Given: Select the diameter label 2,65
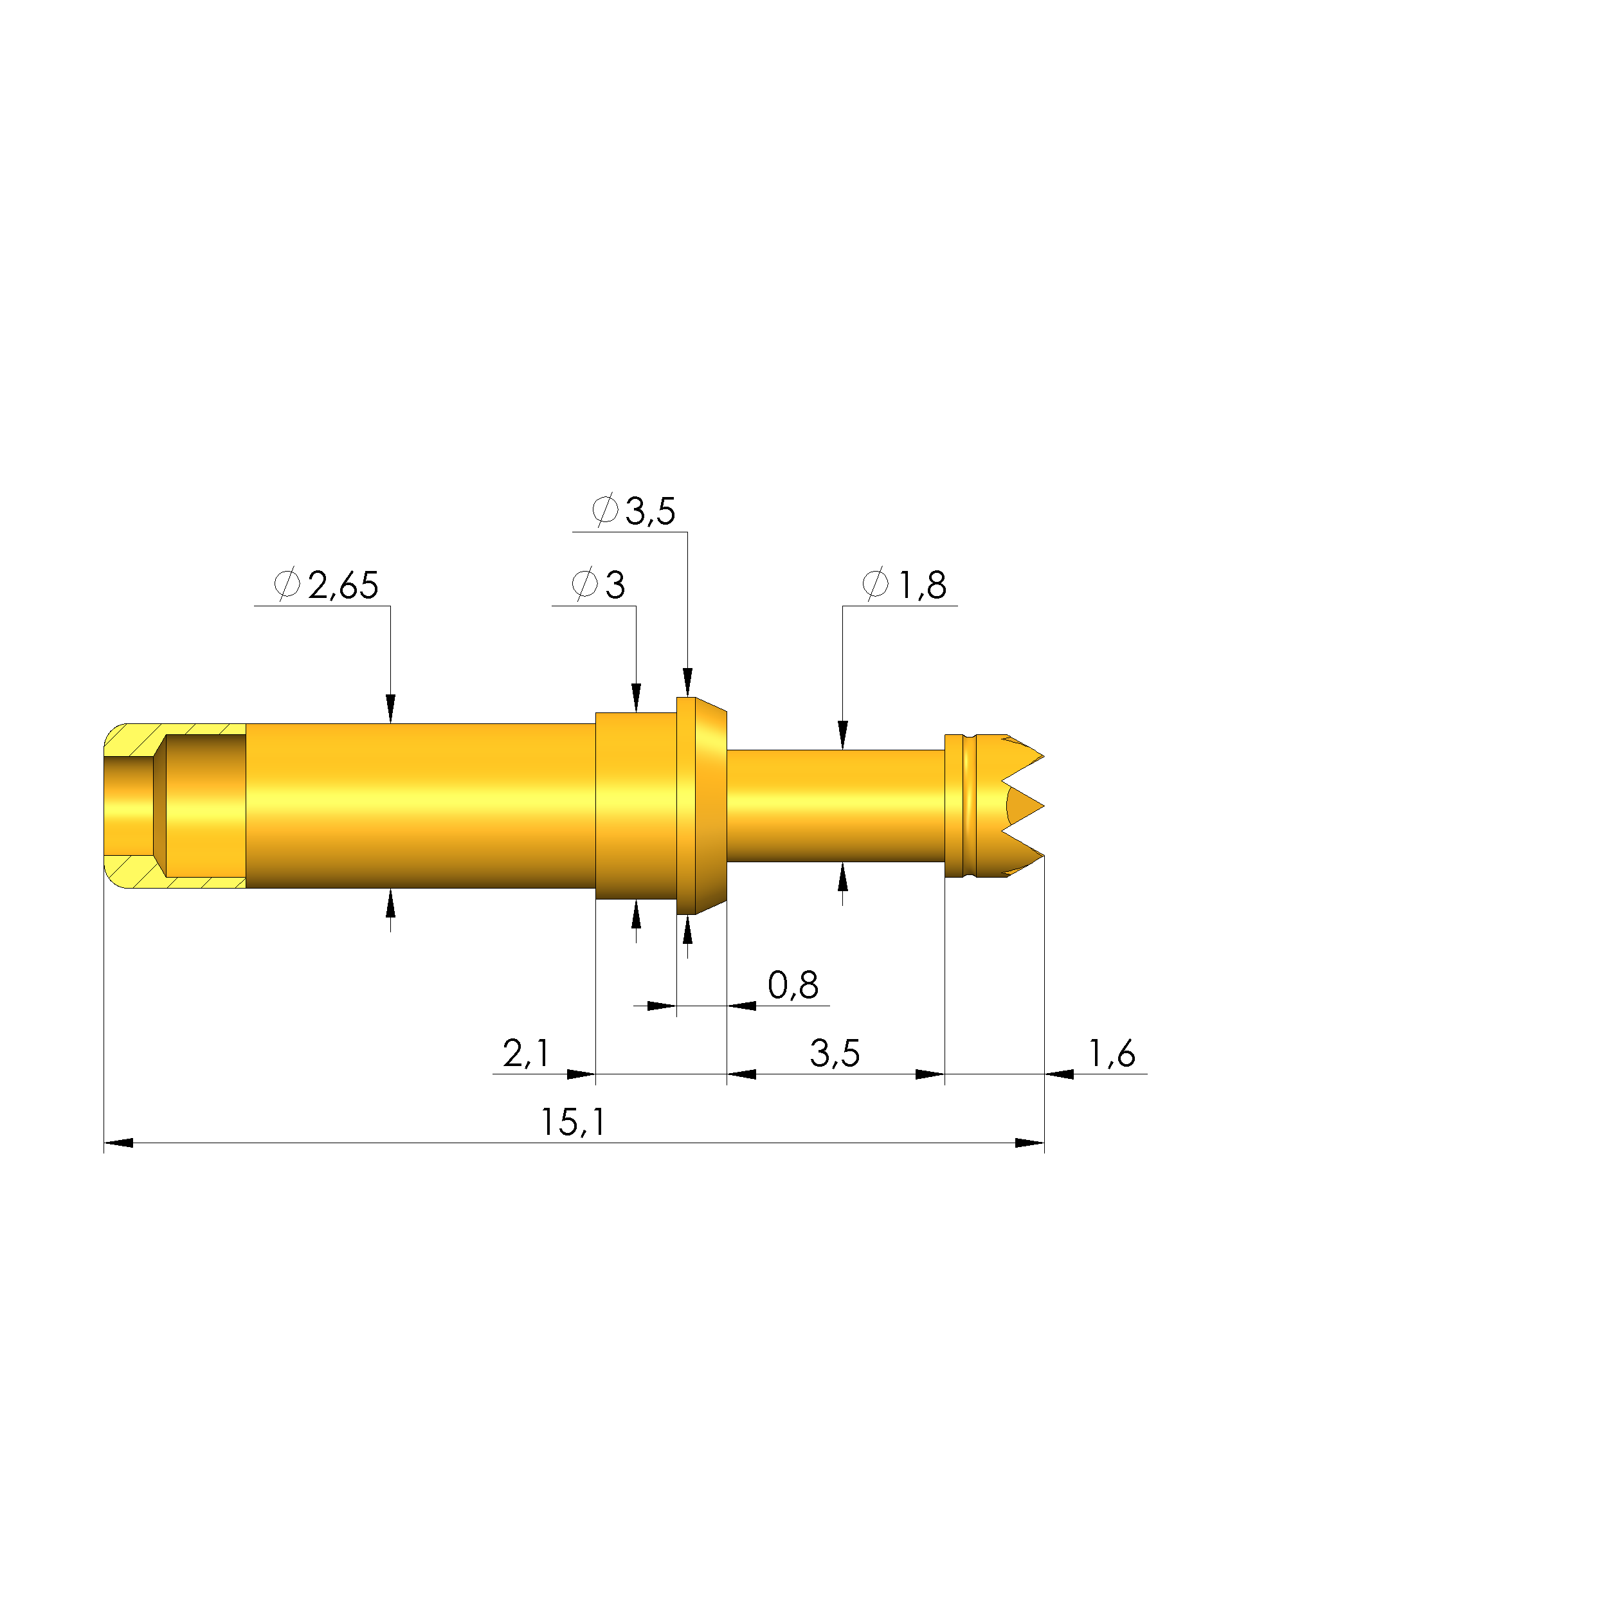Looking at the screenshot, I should coord(343,585).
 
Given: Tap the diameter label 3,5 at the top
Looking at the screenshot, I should coord(650,511).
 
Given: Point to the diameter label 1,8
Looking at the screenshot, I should coord(923,585).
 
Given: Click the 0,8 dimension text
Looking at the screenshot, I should coord(793,985).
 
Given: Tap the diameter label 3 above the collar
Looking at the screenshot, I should coord(615,585).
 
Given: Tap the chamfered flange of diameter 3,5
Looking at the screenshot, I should coord(709,806).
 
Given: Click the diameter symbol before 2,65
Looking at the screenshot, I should coord(287,584).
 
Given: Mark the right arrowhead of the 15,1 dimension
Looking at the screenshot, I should coord(1030,1143).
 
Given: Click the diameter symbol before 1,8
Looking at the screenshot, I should coord(875,584).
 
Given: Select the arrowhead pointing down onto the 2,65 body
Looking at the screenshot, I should coord(390,709).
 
